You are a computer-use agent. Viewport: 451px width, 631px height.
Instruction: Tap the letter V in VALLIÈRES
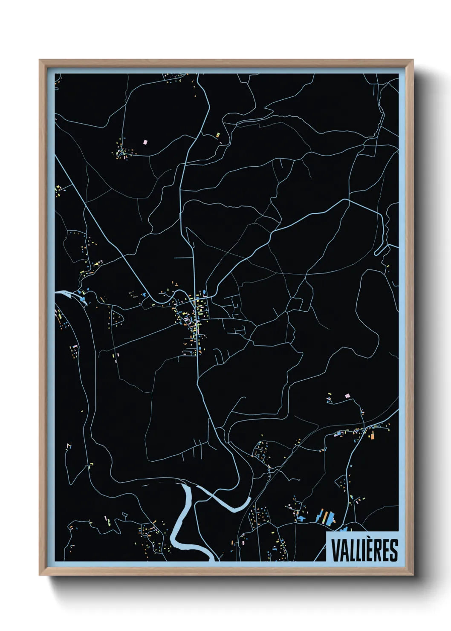click(335, 550)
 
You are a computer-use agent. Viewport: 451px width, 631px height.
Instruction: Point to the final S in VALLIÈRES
click(393, 550)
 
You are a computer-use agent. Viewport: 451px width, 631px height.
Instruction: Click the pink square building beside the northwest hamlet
click(145, 141)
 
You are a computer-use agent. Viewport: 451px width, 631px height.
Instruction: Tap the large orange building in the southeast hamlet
click(372, 435)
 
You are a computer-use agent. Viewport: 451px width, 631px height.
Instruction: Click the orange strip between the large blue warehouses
click(326, 517)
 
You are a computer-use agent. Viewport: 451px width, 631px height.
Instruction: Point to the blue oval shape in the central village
click(204, 292)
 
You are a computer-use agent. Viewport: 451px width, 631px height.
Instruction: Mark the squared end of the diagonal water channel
click(249, 499)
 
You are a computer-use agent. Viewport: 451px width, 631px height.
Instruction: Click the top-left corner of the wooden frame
click(40, 61)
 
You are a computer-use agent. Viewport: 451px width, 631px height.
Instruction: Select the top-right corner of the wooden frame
click(413, 61)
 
